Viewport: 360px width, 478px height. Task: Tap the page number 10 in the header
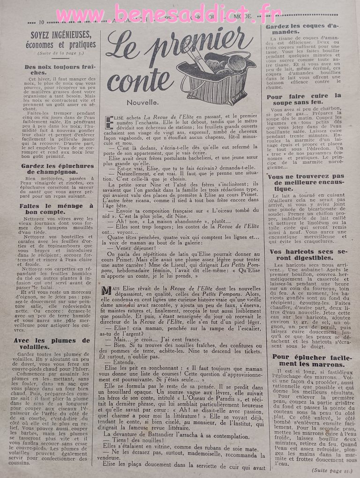(x=42, y=22)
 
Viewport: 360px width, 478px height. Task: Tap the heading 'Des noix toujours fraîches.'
(x=56, y=70)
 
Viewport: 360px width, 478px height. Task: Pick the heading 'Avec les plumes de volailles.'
(x=52, y=344)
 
